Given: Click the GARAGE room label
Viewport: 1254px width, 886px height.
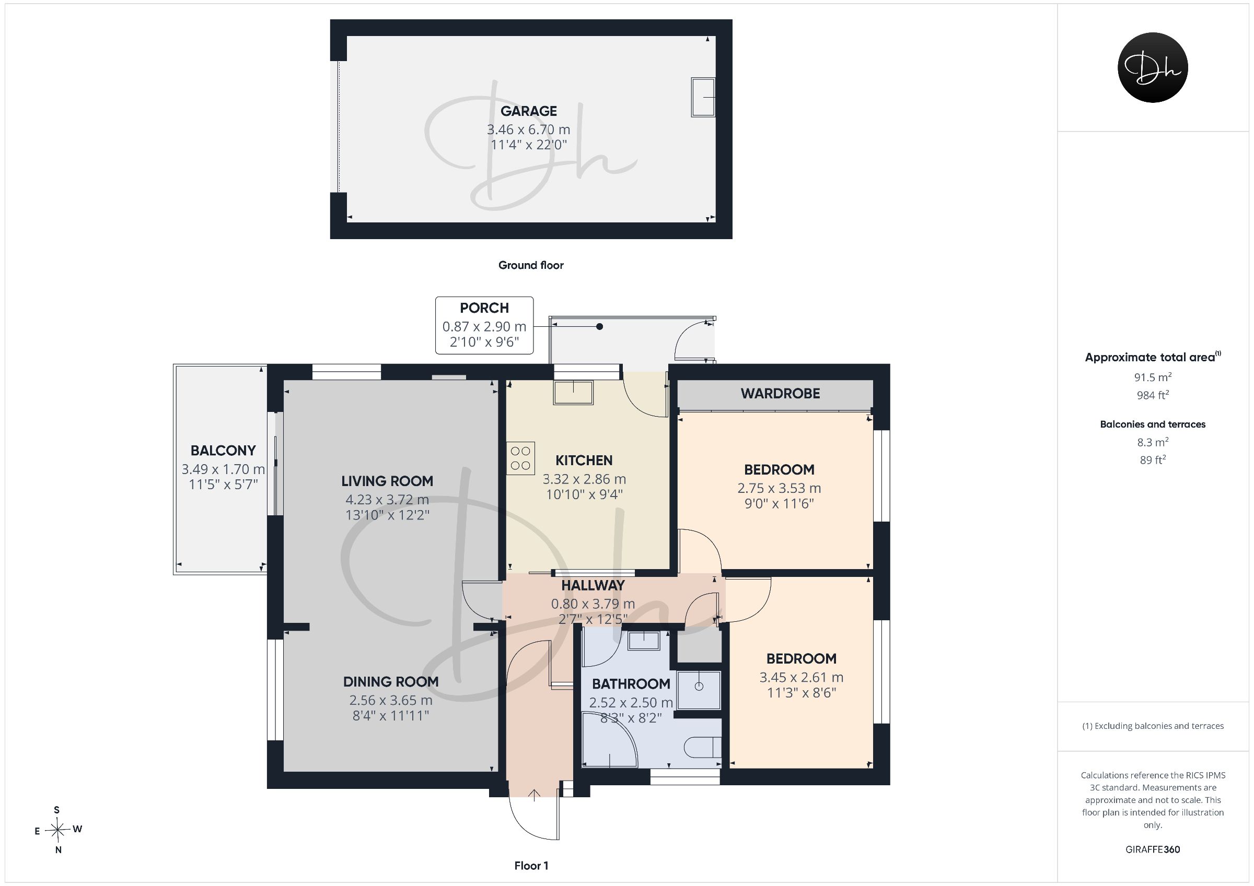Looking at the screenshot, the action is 529,111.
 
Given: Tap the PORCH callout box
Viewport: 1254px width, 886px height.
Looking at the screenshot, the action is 484,325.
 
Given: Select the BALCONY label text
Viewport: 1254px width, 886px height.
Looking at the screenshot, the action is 223,451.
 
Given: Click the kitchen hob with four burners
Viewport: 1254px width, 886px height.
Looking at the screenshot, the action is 520,458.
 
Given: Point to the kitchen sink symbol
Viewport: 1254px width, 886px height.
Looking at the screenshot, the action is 574,392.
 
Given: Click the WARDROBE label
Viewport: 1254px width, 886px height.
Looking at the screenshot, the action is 780,394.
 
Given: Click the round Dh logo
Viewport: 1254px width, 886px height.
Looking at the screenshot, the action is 1153,68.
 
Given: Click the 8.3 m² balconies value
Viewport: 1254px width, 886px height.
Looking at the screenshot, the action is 1153,442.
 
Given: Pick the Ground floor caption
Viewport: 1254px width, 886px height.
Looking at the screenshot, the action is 531,265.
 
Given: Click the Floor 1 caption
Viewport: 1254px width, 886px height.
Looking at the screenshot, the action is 531,866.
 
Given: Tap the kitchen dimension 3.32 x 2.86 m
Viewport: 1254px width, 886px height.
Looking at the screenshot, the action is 584,479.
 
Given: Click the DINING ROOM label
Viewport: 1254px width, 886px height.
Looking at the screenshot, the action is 390,682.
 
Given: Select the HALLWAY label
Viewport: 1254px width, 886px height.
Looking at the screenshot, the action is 593,586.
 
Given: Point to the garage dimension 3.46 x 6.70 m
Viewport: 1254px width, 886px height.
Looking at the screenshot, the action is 528,130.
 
